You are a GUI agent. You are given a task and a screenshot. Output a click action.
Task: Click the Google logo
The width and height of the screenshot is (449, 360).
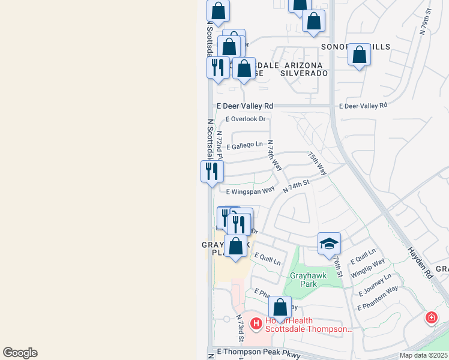pyautogui.click(x=20, y=353)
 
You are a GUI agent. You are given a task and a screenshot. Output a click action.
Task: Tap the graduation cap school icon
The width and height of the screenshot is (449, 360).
pyautogui.click(x=329, y=244)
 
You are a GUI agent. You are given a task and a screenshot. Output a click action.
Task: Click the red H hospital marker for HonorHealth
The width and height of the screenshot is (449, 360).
pyautogui.click(x=256, y=325)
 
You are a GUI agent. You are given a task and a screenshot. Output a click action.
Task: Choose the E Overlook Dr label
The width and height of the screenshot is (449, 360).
pyautogui.click(x=245, y=119)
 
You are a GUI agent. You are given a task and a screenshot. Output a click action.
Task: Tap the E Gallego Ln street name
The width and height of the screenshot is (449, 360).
pyautogui.click(x=244, y=145)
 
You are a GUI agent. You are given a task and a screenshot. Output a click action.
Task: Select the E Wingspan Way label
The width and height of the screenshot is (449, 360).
pyautogui.click(x=250, y=191)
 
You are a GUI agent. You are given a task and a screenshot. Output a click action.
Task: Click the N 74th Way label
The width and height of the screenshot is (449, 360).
pyautogui.click(x=274, y=155)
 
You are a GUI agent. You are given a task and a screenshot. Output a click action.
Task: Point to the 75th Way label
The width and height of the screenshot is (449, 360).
pyautogui.click(x=318, y=163)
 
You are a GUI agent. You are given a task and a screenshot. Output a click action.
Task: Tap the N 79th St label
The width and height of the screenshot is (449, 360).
pyautogui.click(x=425, y=22)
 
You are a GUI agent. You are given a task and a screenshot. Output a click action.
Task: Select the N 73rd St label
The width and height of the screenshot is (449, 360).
pyautogui.click(x=240, y=329)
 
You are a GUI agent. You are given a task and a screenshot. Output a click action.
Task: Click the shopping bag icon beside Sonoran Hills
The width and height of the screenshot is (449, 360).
pyautogui.click(x=359, y=55)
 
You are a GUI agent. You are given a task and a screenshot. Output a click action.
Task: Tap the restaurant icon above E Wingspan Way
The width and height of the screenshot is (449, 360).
pyautogui.click(x=212, y=171)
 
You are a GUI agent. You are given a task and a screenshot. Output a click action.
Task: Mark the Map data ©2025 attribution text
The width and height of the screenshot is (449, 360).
pyautogui.click(x=423, y=355)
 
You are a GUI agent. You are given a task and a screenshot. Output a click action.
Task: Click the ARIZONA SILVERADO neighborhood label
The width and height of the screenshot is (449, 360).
pyautogui.click(x=305, y=68)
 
